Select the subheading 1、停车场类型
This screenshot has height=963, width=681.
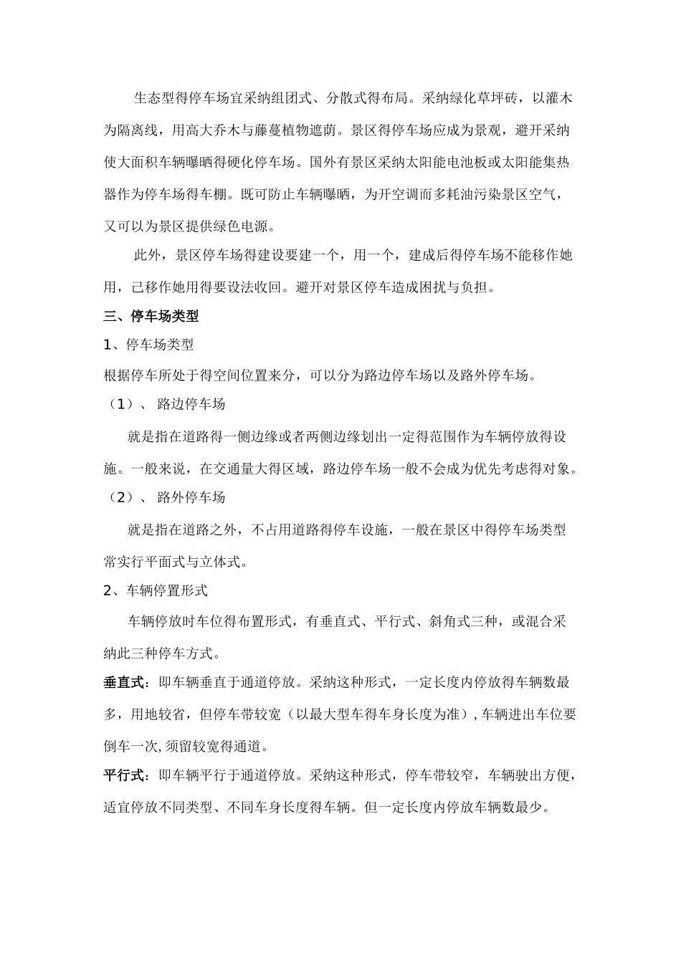click(148, 345)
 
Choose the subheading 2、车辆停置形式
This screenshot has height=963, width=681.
click(156, 590)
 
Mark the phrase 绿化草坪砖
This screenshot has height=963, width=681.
click(485, 98)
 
